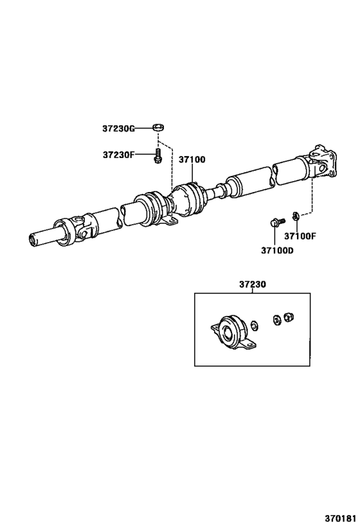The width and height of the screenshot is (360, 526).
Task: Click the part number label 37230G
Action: click(x=118, y=128)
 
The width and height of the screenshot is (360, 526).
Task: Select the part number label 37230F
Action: click(x=118, y=155)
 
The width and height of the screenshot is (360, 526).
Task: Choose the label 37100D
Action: click(x=276, y=250)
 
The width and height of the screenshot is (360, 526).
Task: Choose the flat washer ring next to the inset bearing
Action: click(x=255, y=324)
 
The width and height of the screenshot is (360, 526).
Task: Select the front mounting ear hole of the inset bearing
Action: click(x=215, y=329)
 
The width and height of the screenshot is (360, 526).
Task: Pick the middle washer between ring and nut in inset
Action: click(x=277, y=319)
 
